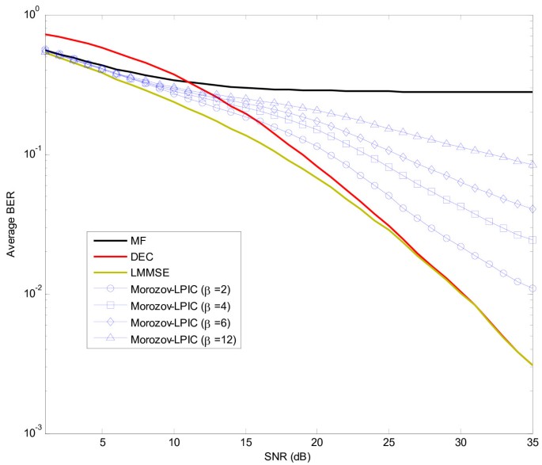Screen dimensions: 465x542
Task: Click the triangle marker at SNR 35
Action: [x=533, y=165]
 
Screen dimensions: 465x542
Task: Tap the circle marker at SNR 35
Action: [x=533, y=288]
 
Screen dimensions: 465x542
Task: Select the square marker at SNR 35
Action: [x=533, y=239]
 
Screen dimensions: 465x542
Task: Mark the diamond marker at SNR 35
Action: [x=533, y=209]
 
